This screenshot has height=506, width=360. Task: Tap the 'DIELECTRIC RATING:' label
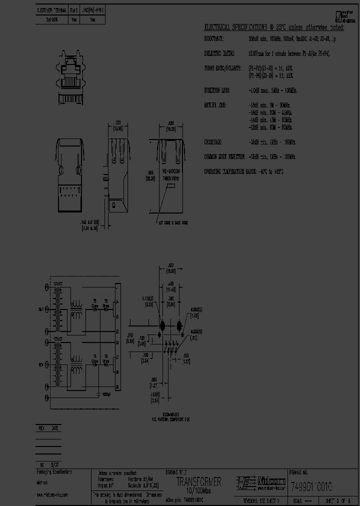click(x=220, y=52)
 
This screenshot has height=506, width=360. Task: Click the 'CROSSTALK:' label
click(x=213, y=142)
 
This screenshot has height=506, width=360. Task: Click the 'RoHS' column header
click(x=74, y=10)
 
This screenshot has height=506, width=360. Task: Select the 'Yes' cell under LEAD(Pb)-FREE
click(x=92, y=20)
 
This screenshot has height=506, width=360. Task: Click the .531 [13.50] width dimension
click(x=118, y=125)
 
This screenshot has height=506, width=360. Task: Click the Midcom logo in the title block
click(x=261, y=482)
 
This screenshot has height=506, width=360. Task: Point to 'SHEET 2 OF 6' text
click(x=338, y=500)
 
